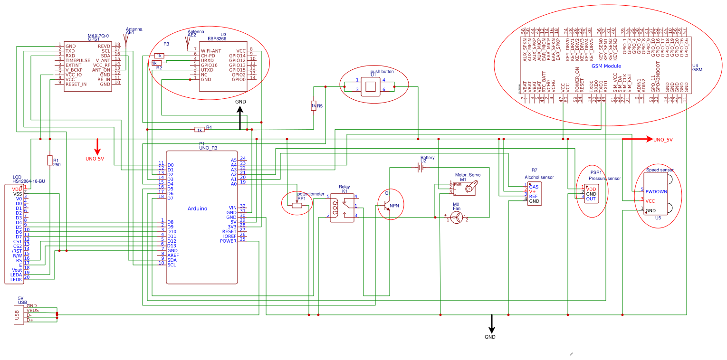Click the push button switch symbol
tap(371, 86)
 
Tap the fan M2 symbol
tap(456, 218)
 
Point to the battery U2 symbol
tap(420, 167)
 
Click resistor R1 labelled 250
tap(50, 161)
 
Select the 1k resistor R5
tap(313, 106)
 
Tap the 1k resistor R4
tap(200, 129)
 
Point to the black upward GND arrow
tap(240, 117)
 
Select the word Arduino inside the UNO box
tap(197, 208)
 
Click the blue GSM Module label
tap(606, 66)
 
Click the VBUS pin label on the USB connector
tap(33, 311)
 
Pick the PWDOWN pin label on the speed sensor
tap(656, 191)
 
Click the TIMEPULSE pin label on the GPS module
tap(77, 60)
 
